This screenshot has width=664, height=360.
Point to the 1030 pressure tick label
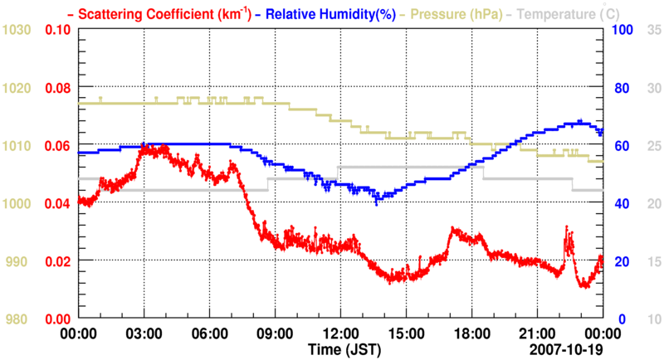tap(17, 30)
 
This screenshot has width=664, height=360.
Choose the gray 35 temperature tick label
tap(652, 30)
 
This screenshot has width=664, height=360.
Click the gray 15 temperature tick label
tap(652, 261)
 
